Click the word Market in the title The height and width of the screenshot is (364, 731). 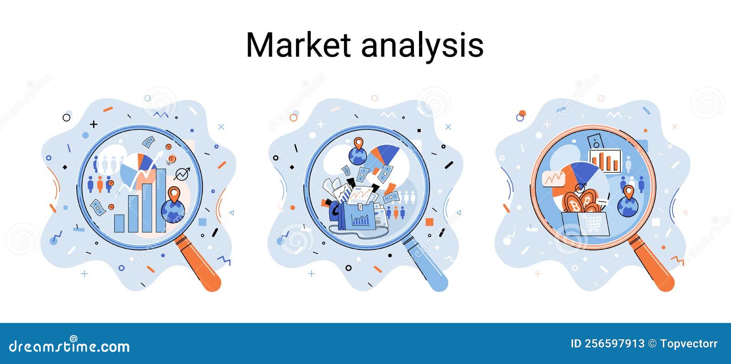pos(298,45)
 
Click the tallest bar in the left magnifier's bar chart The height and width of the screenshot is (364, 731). pos(161,200)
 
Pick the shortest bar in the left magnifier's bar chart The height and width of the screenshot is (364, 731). pos(119,223)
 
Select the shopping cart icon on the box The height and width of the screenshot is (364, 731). pos(593,224)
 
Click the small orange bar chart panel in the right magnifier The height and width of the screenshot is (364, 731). pos(605,161)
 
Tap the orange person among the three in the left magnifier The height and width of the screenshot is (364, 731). pos(100,183)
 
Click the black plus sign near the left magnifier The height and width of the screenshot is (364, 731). pos(94,124)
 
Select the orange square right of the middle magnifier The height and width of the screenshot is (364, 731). pos(429,222)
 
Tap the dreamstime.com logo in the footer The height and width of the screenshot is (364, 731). pos(69,346)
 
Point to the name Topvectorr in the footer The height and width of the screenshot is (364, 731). pos(689,343)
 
